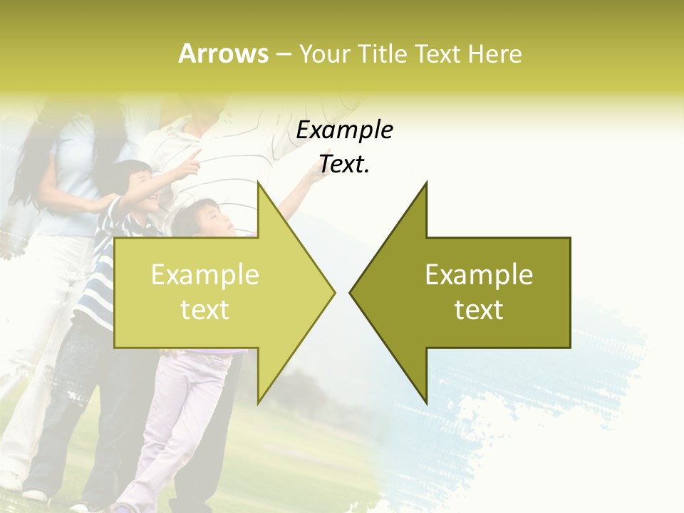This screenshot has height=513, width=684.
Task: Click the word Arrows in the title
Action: (224, 53)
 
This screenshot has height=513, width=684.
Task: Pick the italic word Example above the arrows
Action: (344, 130)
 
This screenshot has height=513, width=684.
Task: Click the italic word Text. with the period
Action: (344, 165)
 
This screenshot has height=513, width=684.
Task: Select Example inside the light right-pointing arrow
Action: (205, 274)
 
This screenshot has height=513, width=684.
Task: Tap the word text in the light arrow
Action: (205, 310)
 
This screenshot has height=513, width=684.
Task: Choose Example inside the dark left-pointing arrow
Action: (479, 274)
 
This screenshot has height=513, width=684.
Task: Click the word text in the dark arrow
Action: (479, 310)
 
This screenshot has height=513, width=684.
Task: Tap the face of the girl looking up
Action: (214, 219)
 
